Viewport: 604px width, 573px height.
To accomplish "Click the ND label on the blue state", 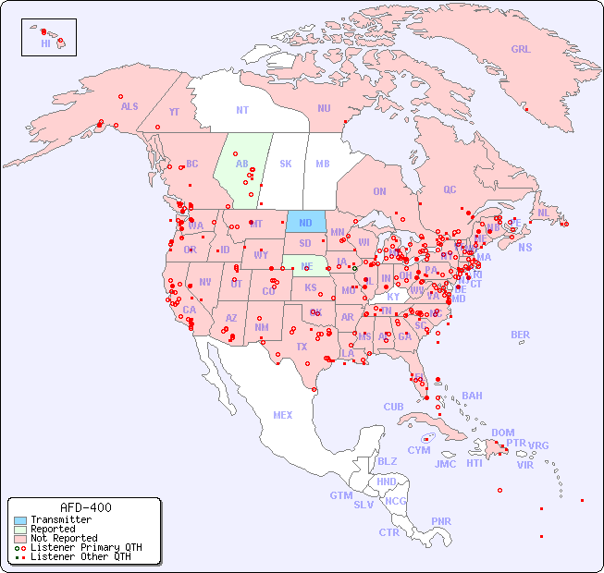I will click(305, 223).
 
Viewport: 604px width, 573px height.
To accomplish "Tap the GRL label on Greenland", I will click(521, 50).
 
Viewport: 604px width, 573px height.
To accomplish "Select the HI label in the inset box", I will click(45, 43).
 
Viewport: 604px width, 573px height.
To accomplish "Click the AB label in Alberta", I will click(242, 164).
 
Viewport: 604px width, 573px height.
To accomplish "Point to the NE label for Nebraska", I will click(307, 265).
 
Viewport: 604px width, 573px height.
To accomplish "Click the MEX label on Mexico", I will click(283, 415).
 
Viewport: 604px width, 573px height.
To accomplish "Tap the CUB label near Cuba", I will click(393, 407).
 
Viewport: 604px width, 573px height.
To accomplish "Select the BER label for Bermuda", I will click(521, 335).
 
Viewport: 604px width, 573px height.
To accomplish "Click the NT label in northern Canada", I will click(242, 110).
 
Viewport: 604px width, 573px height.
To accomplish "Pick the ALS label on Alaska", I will click(129, 106).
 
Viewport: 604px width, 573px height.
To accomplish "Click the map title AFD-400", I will click(85, 508).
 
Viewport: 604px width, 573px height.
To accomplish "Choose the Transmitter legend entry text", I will click(61, 520).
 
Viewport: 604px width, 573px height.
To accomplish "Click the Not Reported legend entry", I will click(64, 538).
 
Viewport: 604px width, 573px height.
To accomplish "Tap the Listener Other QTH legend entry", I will click(80, 556).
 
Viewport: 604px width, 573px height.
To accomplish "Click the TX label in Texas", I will click(301, 347).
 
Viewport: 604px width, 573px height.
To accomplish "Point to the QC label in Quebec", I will click(450, 189).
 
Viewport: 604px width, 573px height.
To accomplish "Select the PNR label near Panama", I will click(441, 521).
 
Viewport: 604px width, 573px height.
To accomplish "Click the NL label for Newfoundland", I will click(543, 212).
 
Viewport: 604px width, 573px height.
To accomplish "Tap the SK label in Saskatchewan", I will click(286, 164).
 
